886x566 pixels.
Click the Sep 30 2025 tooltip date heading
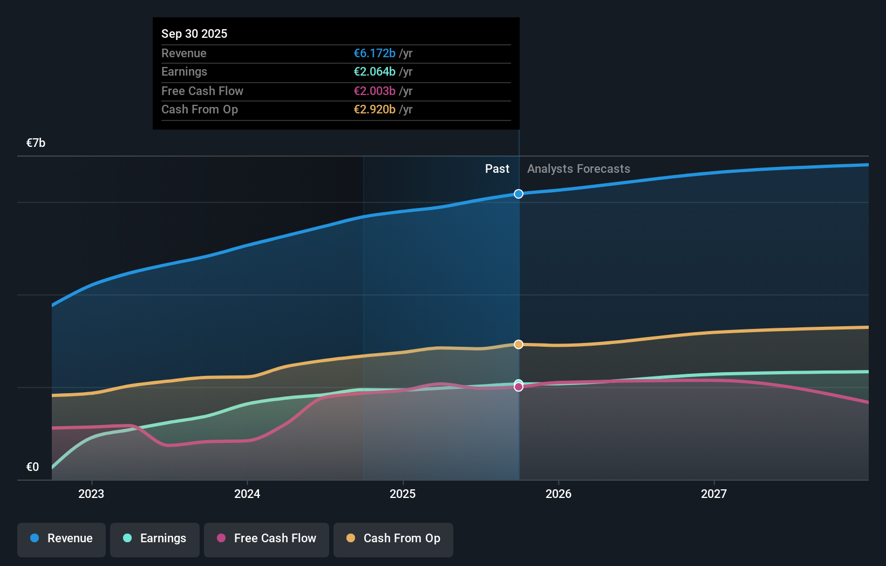(194, 33)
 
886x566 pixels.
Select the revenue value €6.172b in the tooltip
(374, 53)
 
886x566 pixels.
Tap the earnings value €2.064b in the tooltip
(374, 71)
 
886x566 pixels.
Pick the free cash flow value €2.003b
(374, 91)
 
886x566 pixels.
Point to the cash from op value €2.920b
(374, 109)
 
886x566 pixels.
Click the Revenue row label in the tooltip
(183, 53)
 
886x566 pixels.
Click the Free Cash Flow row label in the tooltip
(202, 91)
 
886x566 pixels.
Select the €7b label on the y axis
(36, 143)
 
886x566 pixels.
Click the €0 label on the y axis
(32, 467)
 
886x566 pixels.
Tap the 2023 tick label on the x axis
(91, 494)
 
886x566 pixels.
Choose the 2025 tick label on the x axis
(403, 494)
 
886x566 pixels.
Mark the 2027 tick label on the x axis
(713, 494)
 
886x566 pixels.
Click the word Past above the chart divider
(497, 169)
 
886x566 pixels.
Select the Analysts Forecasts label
(578, 169)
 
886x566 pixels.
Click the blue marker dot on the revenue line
(519, 194)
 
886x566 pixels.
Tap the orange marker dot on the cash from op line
(519, 345)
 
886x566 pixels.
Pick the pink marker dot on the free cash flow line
(519, 387)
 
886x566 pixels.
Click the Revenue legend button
(62, 538)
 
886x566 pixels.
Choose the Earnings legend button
(155, 538)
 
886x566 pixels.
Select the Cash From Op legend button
(393, 538)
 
